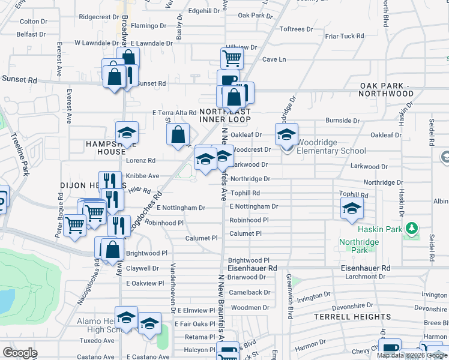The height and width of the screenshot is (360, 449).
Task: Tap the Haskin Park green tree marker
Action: pyautogui.click(x=411, y=229)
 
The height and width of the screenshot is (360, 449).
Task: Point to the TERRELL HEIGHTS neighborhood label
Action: pyautogui.click(x=352, y=316)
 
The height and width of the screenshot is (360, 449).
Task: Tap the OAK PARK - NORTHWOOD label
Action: pyautogui.click(x=386, y=90)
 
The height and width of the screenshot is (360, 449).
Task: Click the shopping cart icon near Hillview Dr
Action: pyautogui.click(x=232, y=58)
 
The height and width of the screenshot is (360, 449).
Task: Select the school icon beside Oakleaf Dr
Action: pyautogui.click(x=287, y=133)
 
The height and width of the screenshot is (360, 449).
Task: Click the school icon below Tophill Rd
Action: pyautogui.click(x=352, y=209)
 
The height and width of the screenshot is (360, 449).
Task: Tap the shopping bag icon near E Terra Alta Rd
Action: pyautogui.click(x=178, y=135)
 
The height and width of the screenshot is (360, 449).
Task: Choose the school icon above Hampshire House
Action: pyautogui.click(x=127, y=133)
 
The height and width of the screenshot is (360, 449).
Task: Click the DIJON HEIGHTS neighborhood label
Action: pyautogui.click(x=84, y=186)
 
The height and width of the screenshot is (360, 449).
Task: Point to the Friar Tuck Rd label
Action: pyautogui.click(x=344, y=36)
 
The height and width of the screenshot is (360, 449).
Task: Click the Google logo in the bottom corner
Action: pyautogui.click(x=20, y=353)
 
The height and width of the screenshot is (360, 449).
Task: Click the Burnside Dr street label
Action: pyautogui.click(x=342, y=121)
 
